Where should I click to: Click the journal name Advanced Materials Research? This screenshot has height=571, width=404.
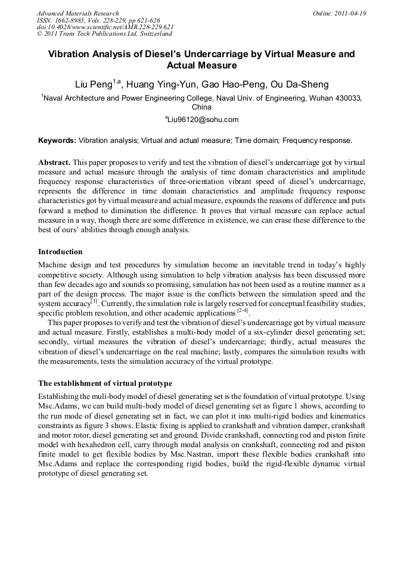[x=77, y=13]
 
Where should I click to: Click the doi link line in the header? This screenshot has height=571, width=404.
[x=105, y=27]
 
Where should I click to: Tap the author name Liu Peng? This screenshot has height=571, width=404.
[x=93, y=84]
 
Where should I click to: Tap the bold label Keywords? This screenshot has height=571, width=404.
[x=57, y=141]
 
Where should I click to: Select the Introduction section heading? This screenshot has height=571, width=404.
[x=60, y=252]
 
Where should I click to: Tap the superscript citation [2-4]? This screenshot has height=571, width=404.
[x=243, y=310]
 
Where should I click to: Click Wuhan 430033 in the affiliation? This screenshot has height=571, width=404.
[x=335, y=98]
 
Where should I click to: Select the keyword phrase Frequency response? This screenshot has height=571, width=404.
[x=317, y=141]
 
